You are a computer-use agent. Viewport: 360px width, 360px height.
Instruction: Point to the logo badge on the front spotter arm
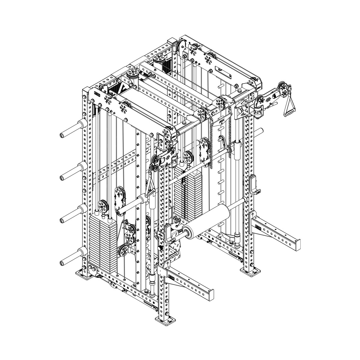[172, 277]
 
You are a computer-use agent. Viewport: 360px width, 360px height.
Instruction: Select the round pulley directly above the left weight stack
[103, 205]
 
